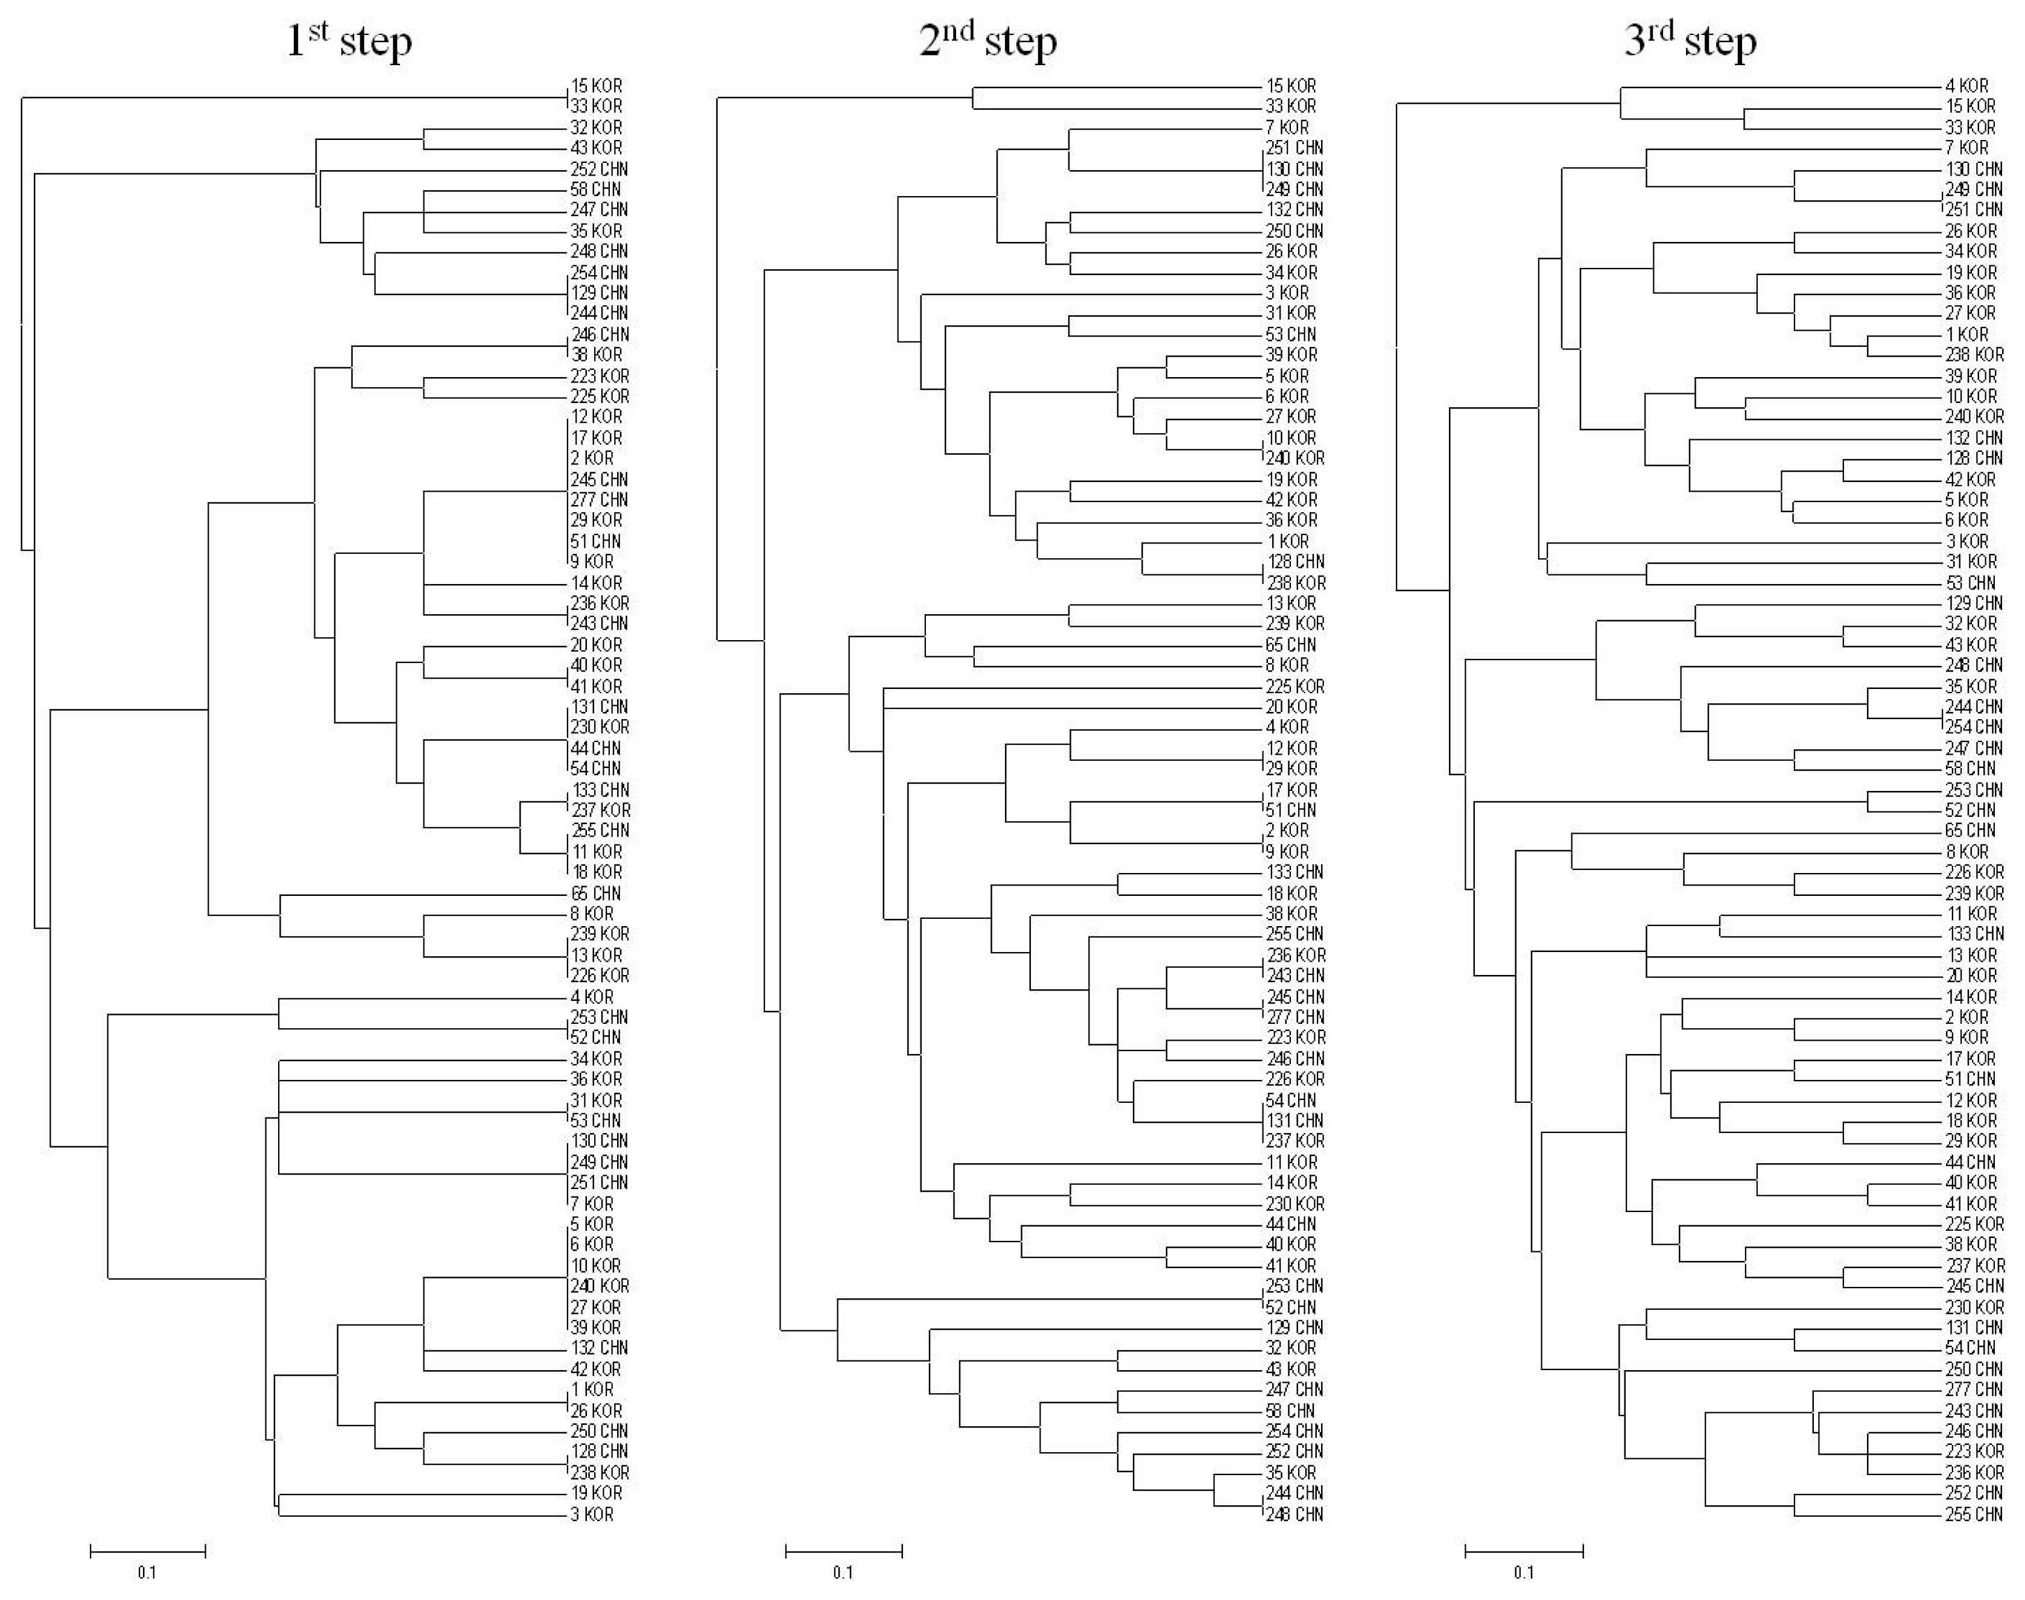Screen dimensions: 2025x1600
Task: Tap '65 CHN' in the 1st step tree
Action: (596, 894)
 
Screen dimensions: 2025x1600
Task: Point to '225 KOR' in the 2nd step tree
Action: (1295, 687)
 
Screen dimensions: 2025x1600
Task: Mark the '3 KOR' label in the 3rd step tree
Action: (1967, 541)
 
